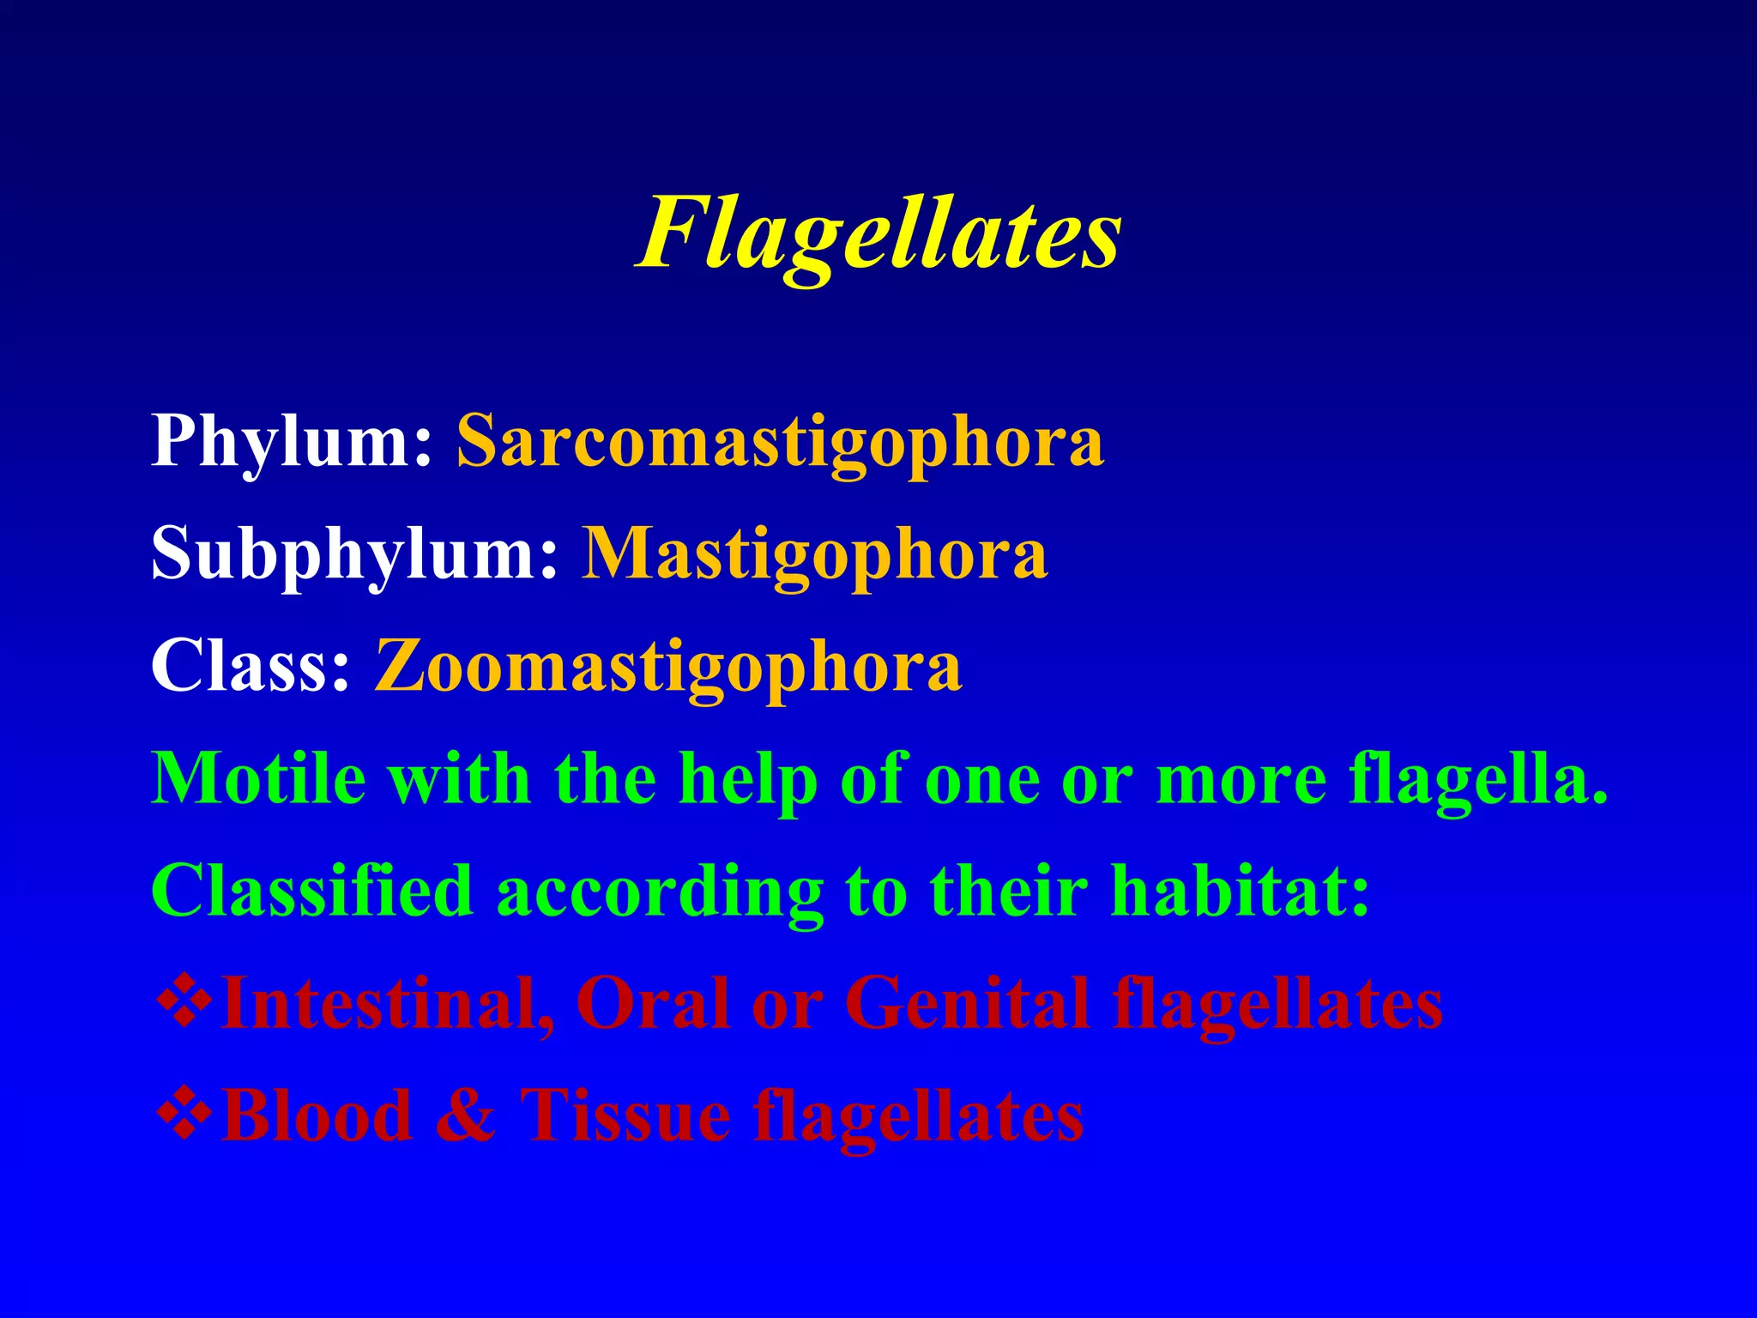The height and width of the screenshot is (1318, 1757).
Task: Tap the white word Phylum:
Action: [292, 443]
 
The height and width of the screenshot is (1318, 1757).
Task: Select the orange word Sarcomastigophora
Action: [780, 443]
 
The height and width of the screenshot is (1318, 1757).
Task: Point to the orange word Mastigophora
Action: [815, 554]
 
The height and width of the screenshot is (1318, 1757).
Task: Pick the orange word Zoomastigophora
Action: [668, 668]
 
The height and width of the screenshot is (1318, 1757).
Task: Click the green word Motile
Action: [257, 779]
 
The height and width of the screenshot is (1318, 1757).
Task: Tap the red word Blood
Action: [317, 1115]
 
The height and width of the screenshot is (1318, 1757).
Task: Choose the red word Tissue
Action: [625, 1115]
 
